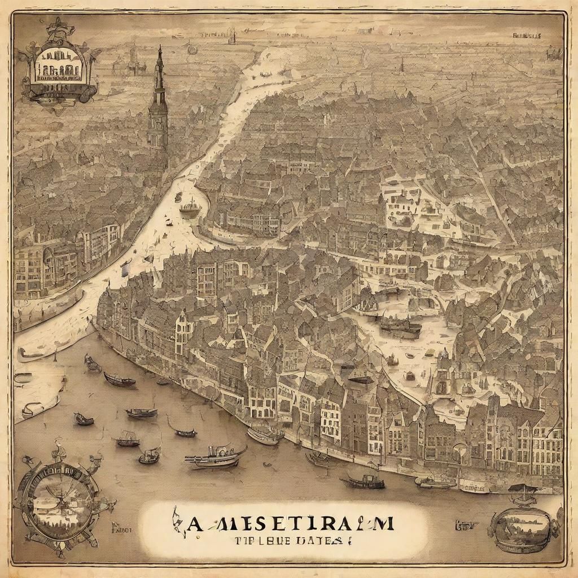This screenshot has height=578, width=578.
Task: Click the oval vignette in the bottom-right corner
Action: point(523,525)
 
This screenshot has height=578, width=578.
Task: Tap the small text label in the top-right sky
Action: point(526,35)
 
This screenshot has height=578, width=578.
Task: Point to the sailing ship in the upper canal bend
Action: point(190,208)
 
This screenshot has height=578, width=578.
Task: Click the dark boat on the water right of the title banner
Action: point(364,481)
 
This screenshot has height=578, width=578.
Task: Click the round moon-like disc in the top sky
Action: point(192,49)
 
